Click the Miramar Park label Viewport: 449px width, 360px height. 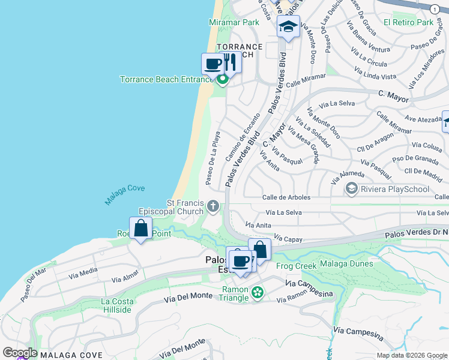point(234,22)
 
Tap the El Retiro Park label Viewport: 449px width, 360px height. point(408,22)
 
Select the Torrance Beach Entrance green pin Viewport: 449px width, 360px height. point(223,79)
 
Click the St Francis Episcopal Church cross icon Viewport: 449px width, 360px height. point(212,207)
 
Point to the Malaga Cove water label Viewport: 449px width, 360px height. point(125,196)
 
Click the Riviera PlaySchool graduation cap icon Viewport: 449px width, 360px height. point(352,189)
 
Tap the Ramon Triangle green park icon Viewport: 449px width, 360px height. point(258,293)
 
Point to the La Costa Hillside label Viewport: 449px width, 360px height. point(116,305)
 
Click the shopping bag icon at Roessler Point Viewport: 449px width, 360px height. point(141,229)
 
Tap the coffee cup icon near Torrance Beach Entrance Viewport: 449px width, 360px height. point(212,63)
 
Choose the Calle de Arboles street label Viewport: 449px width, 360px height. point(286,197)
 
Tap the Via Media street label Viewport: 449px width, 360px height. point(83,273)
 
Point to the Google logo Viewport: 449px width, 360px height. point(19,353)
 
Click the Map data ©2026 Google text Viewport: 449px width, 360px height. point(411,355)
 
